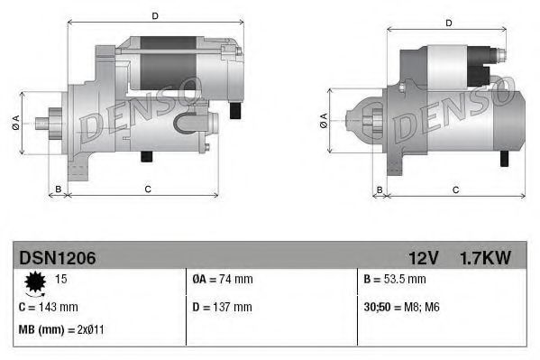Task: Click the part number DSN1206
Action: coord(58,258)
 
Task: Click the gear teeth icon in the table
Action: coord(36,283)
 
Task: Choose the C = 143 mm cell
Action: coord(48,307)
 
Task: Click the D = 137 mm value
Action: coord(224,307)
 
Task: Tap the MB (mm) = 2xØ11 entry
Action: coord(61,329)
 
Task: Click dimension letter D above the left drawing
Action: coord(155,15)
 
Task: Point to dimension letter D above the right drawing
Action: coord(448,23)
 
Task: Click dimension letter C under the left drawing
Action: coord(147,189)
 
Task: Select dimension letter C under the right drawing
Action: coord(455,189)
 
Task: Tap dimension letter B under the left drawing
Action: coord(59,189)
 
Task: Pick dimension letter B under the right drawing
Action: coord(380,189)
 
